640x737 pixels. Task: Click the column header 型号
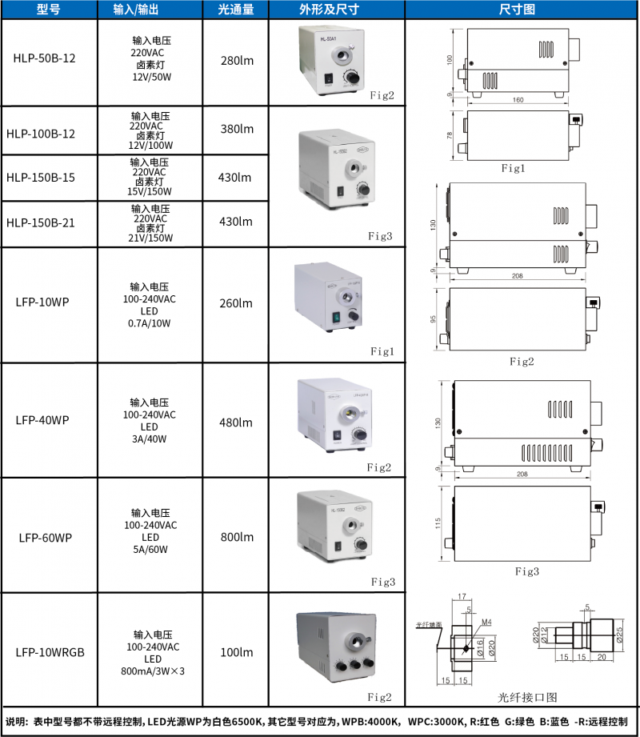[49, 10]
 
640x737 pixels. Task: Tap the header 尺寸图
[522, 10]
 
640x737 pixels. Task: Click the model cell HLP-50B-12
[49, 58]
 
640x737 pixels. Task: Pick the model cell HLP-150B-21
[49, 222]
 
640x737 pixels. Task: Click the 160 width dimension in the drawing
[518, 100]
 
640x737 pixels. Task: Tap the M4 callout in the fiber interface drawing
[486, 621]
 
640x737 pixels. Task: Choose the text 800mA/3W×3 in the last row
[152, 671]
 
